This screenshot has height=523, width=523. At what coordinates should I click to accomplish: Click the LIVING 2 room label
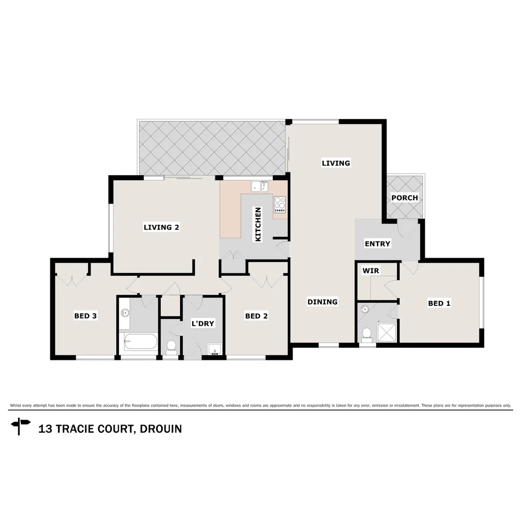(162, 227)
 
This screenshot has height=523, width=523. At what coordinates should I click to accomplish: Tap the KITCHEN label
(258, 224)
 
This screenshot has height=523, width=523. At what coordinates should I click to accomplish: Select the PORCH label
(404, 198)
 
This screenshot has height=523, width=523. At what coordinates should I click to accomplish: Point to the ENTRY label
(377, 244)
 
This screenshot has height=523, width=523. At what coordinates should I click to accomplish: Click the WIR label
(370, 271)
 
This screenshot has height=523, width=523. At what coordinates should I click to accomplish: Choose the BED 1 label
(439, 303)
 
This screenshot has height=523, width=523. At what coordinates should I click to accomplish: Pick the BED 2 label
(256, 316)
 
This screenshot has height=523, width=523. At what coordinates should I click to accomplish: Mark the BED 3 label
(86, 316)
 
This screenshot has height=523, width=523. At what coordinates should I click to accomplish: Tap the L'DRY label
(202, 323)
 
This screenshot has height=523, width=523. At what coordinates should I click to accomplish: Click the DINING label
(323, 302)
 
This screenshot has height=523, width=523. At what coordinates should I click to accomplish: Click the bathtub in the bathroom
(140, 342)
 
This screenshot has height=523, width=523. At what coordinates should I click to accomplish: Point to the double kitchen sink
(260, 186)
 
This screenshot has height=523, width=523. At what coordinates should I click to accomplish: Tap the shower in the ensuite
(387, 333)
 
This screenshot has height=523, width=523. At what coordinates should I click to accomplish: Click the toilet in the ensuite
(367, 333)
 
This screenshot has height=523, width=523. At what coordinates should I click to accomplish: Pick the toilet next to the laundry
(170, 345)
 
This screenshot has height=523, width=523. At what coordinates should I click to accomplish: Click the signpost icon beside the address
(20, 426)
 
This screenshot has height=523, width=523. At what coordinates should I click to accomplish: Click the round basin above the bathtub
(125, 313)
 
